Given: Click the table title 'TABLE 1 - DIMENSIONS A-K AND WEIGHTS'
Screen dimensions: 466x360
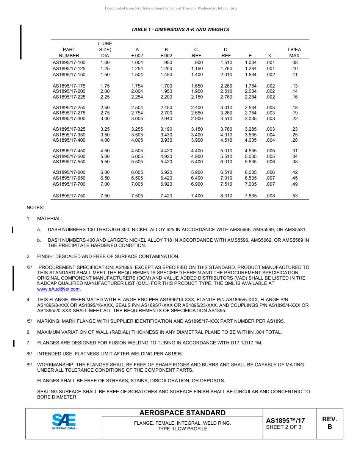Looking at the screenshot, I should tap(180, 30).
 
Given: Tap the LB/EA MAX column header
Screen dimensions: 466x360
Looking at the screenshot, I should tap(294, 53).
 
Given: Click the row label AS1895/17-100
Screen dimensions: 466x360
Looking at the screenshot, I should tap(69, 63).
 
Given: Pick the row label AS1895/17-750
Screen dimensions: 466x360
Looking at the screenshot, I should tap(69, 196).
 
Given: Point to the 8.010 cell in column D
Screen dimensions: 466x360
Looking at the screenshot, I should tap(226, 196).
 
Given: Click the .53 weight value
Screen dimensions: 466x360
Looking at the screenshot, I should tap(294, 196).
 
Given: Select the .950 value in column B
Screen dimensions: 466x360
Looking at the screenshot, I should tap(167, 63).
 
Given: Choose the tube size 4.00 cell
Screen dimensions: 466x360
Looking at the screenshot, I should tap(105, 141).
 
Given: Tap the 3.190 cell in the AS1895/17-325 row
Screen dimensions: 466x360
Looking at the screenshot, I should tap(166, 129).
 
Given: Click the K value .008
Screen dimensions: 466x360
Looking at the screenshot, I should tap(270, 196).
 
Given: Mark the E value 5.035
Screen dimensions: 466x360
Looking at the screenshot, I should tap(250, 156).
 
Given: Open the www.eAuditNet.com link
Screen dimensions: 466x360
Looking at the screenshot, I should tap(58, 289).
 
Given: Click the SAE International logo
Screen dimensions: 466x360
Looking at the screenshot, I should tap(64, 422).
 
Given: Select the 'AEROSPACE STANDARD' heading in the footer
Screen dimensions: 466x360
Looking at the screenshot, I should tap(182, 413).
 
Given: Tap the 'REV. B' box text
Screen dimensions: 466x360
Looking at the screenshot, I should tap(329, 423).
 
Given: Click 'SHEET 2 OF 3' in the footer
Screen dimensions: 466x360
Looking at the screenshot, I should tap(284, 427).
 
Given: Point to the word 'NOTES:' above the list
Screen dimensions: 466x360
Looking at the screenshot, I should tap(35, 208).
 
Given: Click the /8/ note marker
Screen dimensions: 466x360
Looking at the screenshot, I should tap(29, 354).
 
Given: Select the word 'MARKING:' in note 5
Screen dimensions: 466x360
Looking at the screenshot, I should tap(48, 321).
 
